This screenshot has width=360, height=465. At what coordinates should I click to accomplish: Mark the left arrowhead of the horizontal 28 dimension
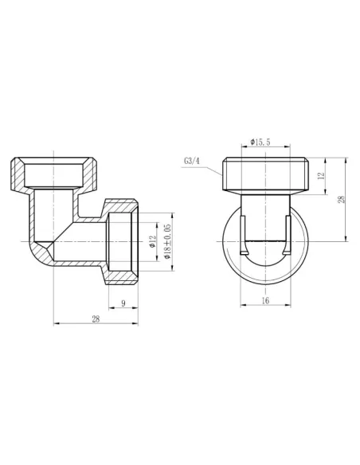[56, 323]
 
